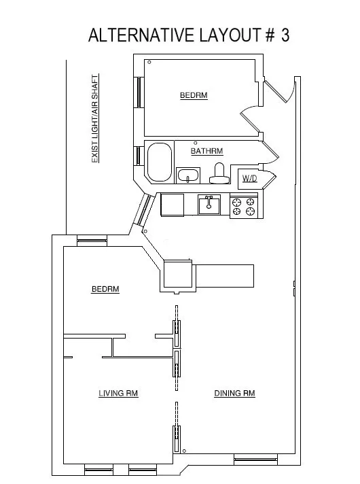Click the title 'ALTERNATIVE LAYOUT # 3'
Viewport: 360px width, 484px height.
click(189, 36)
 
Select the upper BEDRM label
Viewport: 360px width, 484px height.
click(193, 96)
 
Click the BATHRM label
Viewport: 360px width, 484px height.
click(206, 151)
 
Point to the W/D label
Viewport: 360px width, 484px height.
click(249, 179)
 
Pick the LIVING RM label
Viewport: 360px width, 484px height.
click(118, 393)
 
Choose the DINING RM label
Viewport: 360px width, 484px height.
click(234, 393)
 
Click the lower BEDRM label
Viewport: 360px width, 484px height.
click(105, 290)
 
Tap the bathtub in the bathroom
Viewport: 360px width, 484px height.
click(160, 162)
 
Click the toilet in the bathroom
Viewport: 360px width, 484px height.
click(219, 175)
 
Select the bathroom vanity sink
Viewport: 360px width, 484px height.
click(188, 176)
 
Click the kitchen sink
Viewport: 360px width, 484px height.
click(209, 204)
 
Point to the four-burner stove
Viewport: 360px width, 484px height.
click(244, 206)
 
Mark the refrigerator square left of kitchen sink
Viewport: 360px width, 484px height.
click(173, 205)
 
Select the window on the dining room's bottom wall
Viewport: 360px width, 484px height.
click(255, 460)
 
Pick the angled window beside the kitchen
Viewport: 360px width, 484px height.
click(144, 211)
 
